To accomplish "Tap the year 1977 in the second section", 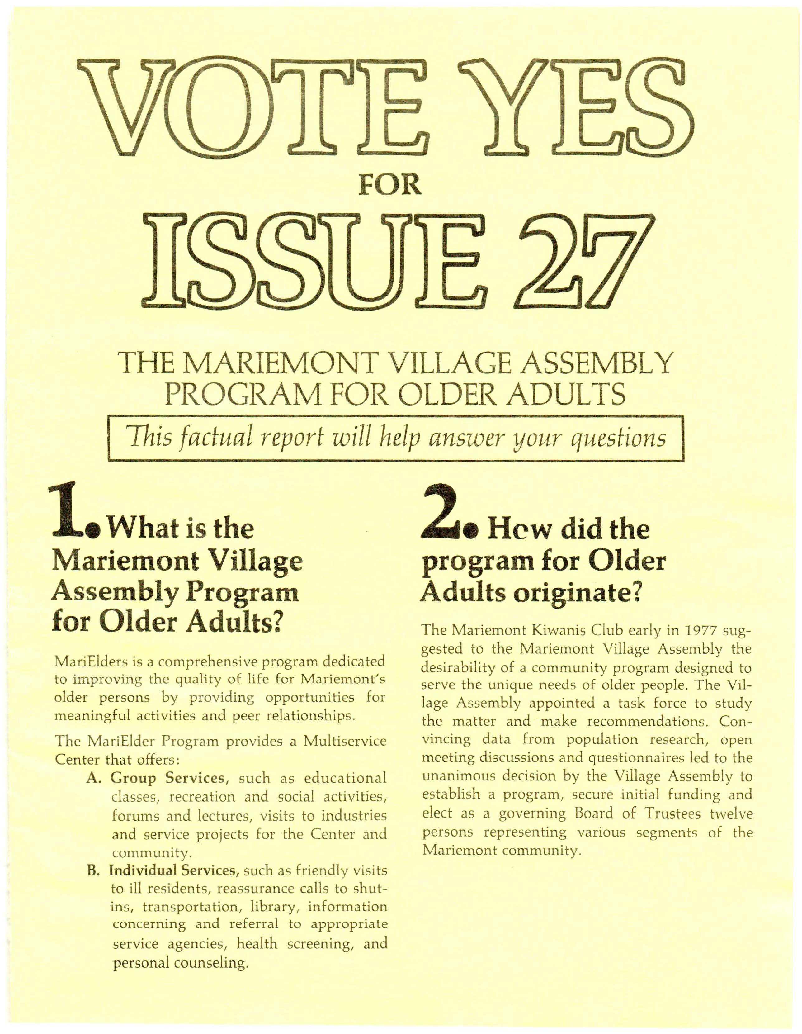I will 697,632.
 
